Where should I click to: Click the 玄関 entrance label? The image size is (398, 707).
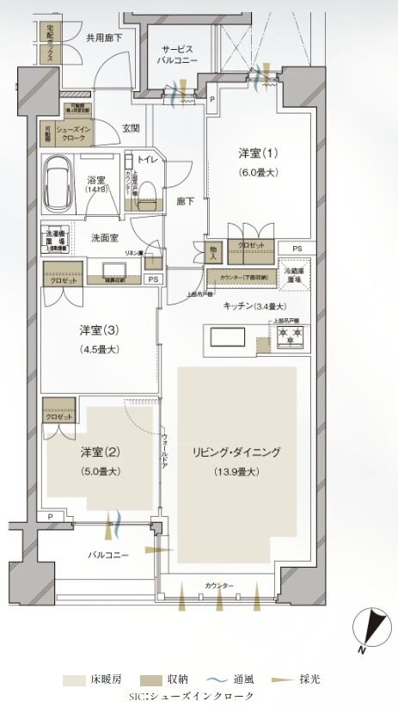click(131, 128)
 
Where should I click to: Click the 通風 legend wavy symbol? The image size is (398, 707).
click(214, 679)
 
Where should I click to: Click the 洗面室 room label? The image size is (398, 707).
click(106, 237)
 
